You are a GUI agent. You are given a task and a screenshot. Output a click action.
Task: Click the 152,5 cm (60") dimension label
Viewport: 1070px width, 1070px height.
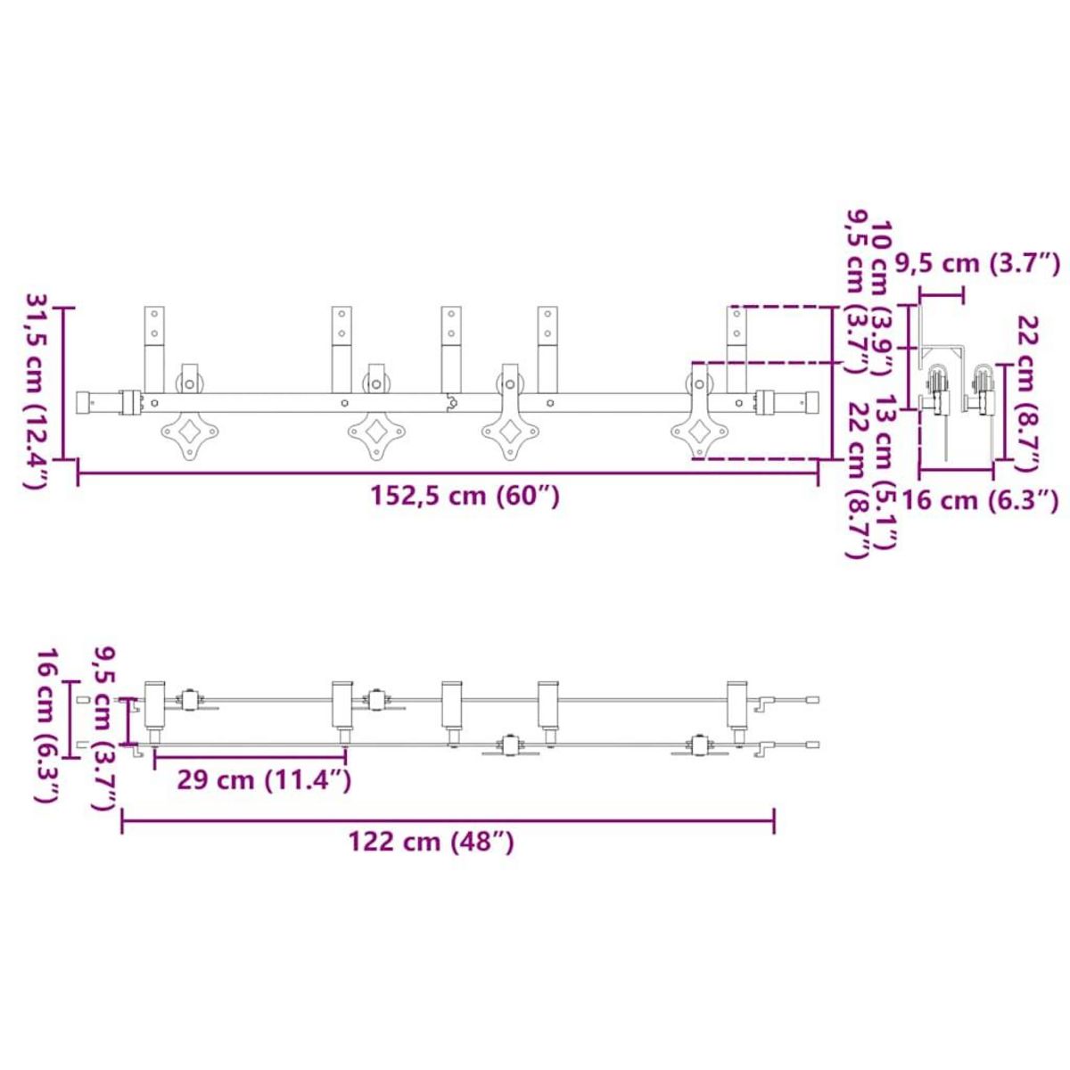[x=465, y=496]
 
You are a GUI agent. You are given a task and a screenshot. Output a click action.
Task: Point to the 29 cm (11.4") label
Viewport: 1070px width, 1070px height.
[x=264, y=780]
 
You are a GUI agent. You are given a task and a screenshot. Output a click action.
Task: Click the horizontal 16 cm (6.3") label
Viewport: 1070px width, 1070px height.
[x=980, y=501]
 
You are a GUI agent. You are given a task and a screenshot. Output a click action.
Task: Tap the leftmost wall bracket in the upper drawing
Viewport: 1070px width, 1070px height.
[x=154, y=350]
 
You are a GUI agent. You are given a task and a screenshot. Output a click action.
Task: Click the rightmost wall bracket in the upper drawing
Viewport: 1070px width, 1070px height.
[x=737, y=350]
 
